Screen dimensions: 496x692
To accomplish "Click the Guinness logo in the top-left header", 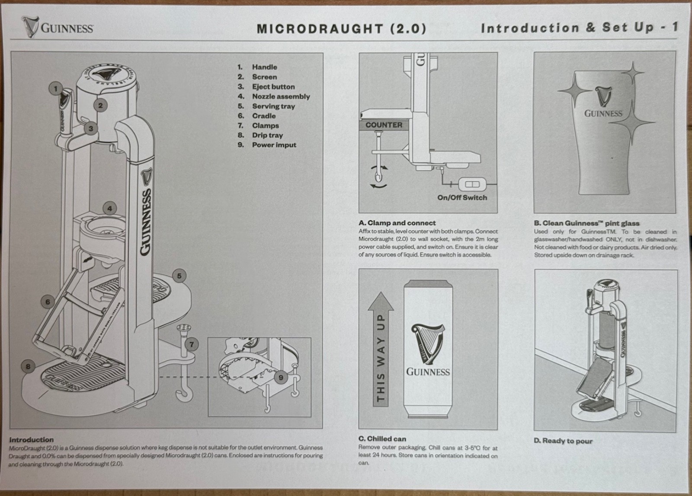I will (x=58, y=27).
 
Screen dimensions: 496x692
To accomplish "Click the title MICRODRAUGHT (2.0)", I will (x=341, y=29).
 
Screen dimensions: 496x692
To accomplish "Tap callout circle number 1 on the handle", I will (x=55, y=89).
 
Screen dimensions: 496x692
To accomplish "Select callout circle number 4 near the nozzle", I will (x=110, y=209).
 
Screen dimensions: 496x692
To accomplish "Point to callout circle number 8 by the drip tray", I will (x=28, y=366).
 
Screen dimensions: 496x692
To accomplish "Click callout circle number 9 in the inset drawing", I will (x=281, y=377).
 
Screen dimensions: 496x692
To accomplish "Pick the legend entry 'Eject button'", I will (x=273, y=86).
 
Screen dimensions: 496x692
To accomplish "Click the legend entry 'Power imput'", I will (x=274, y=145).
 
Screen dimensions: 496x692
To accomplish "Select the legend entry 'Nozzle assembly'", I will (x=281, y=96).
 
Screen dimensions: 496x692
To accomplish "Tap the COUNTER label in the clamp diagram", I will (x=384, y=125).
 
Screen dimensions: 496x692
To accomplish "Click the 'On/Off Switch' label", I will (x=462, y=197).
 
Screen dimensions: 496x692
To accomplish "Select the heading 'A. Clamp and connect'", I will (x=397, y=223).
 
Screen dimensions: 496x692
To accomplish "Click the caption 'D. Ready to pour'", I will (x=563, y=441).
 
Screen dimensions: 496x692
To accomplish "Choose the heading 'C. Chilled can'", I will (x=382, y=439).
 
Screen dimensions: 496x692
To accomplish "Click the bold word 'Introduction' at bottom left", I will (x=32, y=439).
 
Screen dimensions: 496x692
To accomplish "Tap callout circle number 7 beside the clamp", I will (x=192, y=344).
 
